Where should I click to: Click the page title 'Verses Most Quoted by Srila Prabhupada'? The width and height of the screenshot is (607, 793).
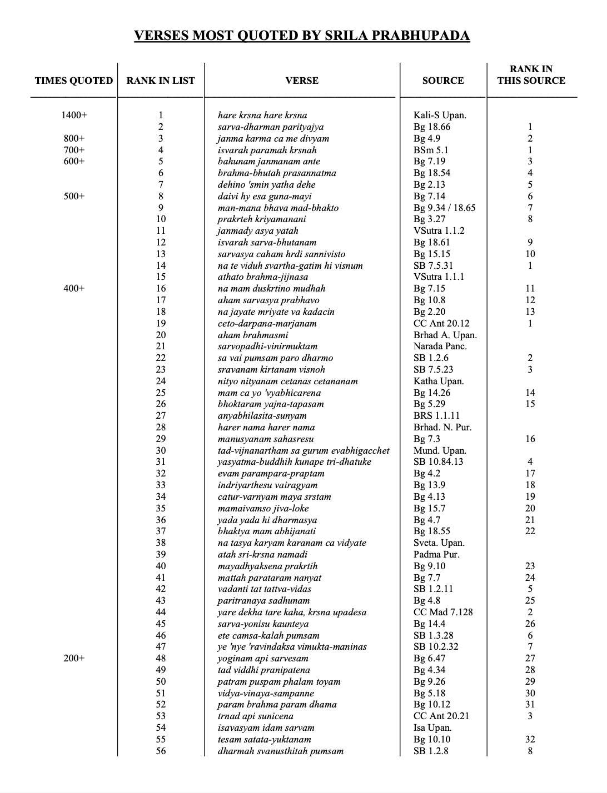click(302, 36)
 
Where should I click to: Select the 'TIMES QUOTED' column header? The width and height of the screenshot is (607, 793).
click(73, 81)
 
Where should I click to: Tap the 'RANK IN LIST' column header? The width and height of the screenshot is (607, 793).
click(161, 81)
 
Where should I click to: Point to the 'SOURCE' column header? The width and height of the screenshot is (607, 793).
click(442, 81)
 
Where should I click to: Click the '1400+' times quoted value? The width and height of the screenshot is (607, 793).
click(74, 116)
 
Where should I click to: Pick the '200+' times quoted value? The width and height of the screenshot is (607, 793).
click(74, 659)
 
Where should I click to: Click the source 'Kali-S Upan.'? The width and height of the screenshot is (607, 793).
click(440, 116)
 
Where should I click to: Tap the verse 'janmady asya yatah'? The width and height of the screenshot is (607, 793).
click(258, 231)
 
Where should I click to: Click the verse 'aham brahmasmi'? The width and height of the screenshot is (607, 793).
click(253, 335)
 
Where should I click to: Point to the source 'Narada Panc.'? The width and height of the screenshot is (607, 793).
click(440, 347)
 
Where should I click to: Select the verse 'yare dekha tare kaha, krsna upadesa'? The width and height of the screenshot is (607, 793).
click(292, 613)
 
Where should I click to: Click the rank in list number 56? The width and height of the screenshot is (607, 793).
click(161, 751)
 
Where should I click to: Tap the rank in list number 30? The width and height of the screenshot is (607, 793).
click(161, 450)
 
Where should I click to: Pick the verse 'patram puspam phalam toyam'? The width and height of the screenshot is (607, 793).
click(279, 682)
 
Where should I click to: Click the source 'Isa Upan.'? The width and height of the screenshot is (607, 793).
click(432, 728)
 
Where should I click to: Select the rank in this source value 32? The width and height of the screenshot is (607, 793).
click(530, 740)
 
